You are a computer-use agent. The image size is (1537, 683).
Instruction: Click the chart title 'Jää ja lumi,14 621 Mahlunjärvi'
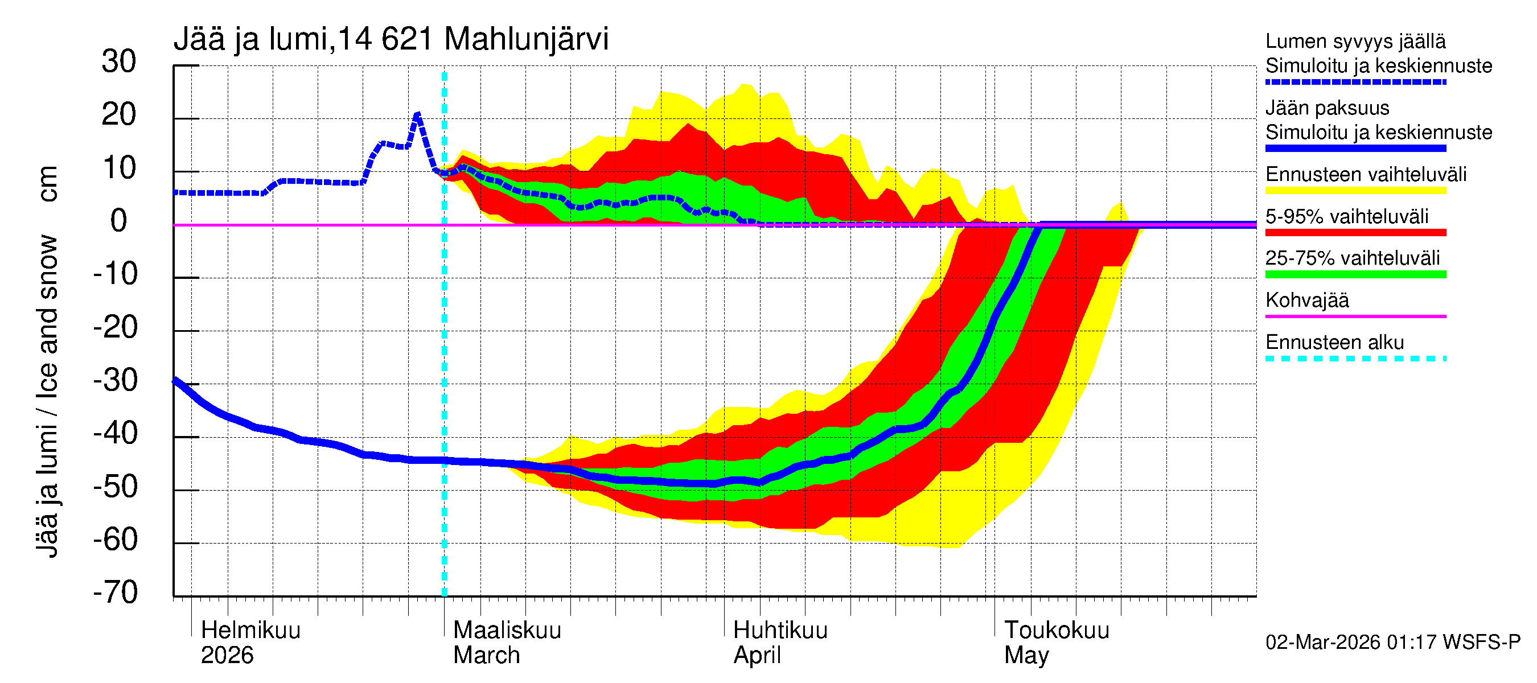(391, 39)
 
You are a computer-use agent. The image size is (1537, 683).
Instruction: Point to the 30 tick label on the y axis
(119, 61)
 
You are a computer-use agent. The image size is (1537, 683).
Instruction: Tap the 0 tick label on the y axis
(119, 221)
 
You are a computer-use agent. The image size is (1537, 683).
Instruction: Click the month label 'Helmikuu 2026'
(250, 643)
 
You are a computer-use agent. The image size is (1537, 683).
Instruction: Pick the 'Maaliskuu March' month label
(507, 643)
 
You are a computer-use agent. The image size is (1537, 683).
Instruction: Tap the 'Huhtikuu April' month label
(780, 643)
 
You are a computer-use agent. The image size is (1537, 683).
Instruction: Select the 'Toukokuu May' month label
(1056, 643)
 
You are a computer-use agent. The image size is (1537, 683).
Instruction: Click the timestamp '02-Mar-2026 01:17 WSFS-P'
(1392, 643)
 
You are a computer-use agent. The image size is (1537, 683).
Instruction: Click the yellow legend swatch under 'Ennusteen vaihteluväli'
(1355, 191)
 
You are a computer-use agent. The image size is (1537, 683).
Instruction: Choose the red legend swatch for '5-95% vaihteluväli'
(1355, 233)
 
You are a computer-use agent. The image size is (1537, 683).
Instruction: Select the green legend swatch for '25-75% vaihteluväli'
(1355, 274)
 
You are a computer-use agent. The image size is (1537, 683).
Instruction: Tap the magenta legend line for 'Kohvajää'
(1355, 316)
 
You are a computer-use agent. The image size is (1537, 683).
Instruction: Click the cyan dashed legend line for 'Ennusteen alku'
(1355, 359)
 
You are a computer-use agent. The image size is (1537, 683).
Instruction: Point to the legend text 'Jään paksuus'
(1327, 108)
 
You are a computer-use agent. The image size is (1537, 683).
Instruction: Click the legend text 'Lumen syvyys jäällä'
(1355, 41)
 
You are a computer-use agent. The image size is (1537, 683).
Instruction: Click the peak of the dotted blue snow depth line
(418, 113)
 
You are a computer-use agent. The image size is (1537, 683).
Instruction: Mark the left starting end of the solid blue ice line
(175, 380)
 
